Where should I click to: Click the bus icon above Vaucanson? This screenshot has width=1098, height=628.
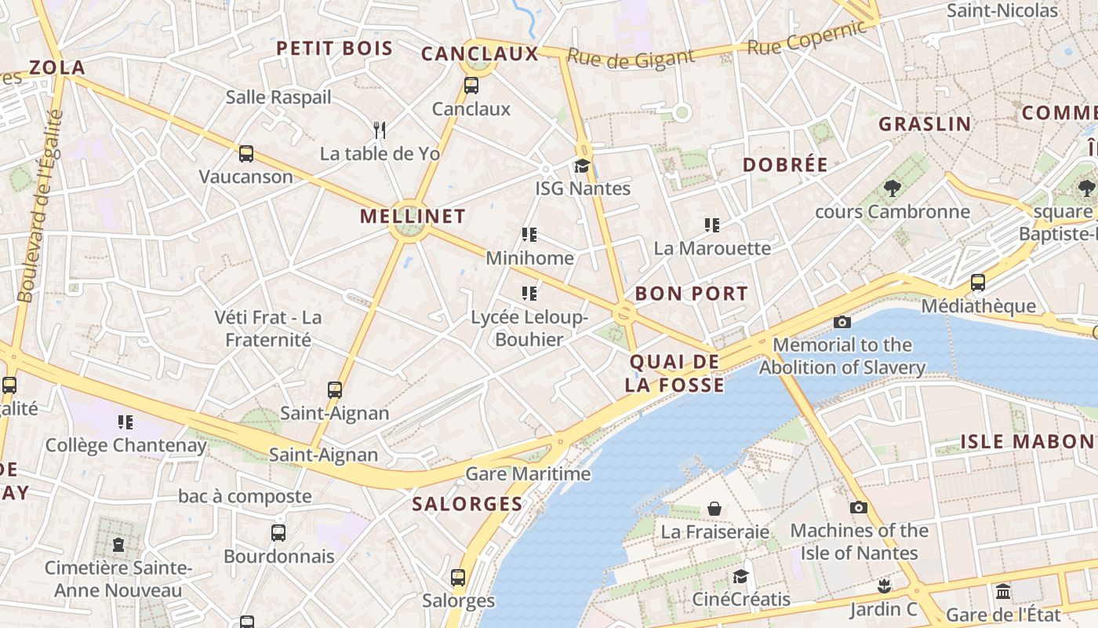click(245, 154)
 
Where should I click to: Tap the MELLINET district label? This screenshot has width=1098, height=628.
click(413, 216)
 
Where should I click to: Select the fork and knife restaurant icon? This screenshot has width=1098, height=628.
click(380, 130)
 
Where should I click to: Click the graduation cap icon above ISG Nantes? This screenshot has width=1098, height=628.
click(582, 166)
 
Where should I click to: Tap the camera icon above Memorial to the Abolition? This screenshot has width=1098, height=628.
click(842, 322)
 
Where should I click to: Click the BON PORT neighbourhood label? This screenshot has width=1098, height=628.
click(691, 294)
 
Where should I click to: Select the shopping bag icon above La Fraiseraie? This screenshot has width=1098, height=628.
click(714, 509)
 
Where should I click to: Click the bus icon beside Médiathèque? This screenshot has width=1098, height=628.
click(977, 283)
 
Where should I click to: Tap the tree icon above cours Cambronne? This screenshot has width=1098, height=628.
click(892, 188)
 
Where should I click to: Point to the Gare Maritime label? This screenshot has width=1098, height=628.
click(528, 474)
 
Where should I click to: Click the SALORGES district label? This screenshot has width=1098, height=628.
click(467, 504)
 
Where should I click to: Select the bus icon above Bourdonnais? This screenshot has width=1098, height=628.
click(278, 533)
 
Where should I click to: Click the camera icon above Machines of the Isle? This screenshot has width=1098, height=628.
click(859, 507)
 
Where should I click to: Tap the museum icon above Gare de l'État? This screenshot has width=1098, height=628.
click(1003, 591)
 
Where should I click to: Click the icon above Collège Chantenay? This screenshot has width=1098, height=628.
click(125, 422)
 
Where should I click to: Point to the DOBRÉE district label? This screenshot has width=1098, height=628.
click(785, 165)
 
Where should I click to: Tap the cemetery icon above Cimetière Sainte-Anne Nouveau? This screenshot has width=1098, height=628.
click(118, 544)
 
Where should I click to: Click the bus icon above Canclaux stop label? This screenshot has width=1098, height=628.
click(471, 86)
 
